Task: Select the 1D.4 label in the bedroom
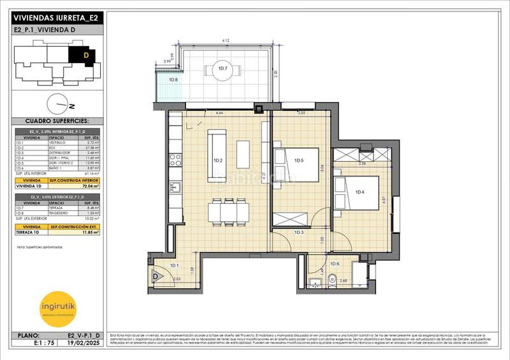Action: (360, 192)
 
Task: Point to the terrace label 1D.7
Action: (223, 68)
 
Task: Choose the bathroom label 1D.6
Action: (335, 264)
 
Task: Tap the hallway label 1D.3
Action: (299, 233)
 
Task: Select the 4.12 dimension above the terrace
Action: (226, 41)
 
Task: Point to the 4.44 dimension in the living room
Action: (219, 113)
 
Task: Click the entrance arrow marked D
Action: (155, 277)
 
